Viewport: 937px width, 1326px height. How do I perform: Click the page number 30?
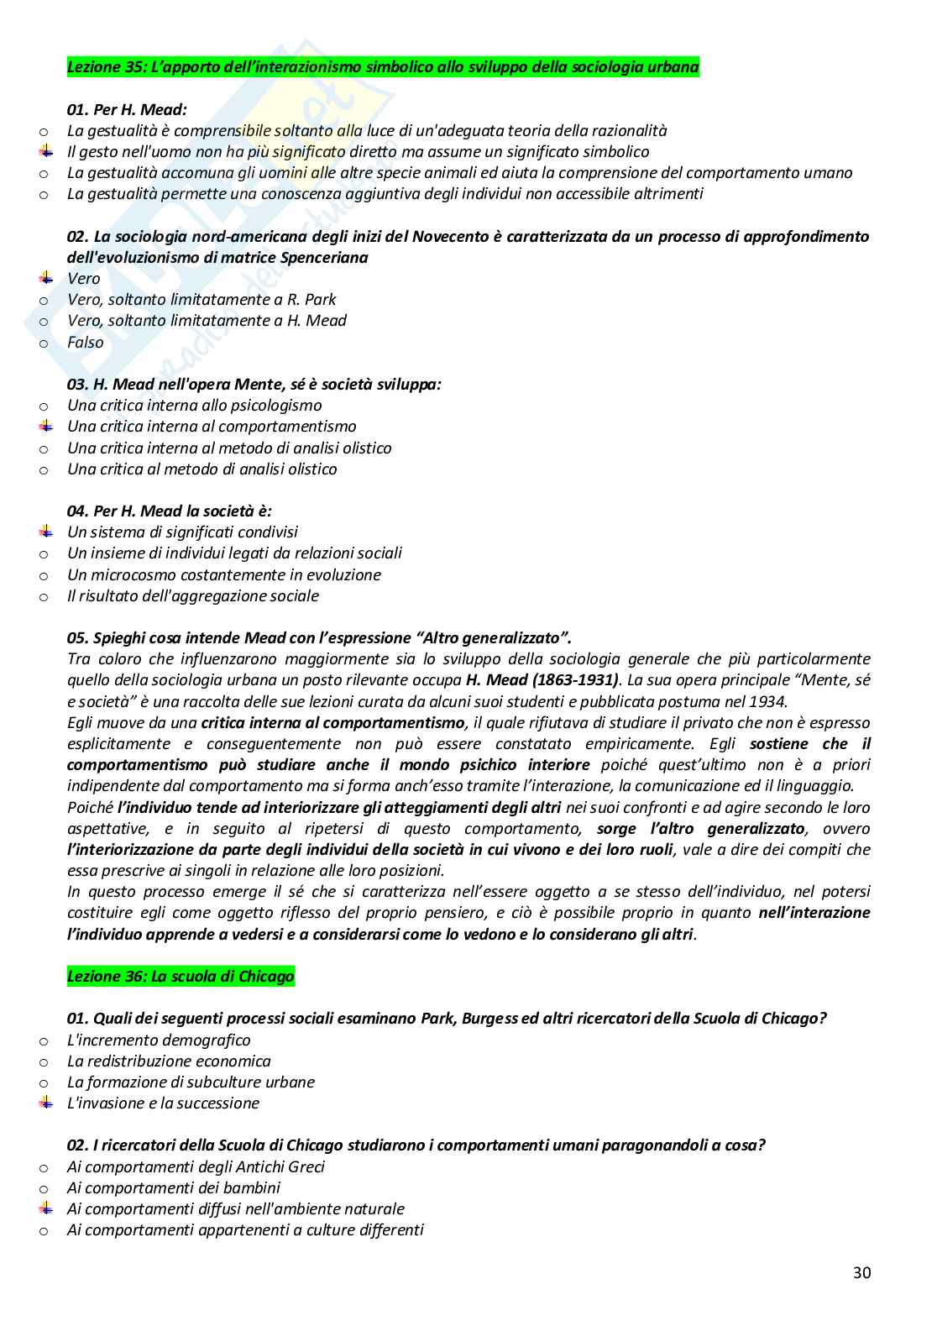coord(861,1272)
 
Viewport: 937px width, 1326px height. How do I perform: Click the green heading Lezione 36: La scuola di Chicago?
coord(181,976)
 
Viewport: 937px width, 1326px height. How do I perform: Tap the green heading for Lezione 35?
coord(382,67)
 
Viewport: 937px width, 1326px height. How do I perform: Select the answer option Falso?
coord(85,342)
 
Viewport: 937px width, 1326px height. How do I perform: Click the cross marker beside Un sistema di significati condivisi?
coord(45,532)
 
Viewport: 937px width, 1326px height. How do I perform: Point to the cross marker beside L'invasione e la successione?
coord(45,1103)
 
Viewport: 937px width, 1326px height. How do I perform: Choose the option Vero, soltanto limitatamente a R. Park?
coord(202,300)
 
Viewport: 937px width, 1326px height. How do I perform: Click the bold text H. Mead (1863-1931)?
coord(542,680)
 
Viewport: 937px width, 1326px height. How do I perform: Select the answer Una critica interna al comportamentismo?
coord(212,427)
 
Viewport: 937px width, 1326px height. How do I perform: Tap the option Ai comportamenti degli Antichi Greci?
coord(196,1166)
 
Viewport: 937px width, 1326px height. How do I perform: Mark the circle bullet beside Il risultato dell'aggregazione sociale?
coord(44,596)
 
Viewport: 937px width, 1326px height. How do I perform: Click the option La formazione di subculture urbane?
coord(191,1082)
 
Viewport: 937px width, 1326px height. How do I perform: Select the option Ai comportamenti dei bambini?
coord(174,1187)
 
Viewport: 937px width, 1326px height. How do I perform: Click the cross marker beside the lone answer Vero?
coord(45,278)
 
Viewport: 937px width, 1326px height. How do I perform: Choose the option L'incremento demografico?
coord(159,1040)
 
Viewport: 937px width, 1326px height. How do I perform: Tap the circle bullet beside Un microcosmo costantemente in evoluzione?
coord(44,575)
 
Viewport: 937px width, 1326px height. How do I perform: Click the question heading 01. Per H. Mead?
coord(127,109)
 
